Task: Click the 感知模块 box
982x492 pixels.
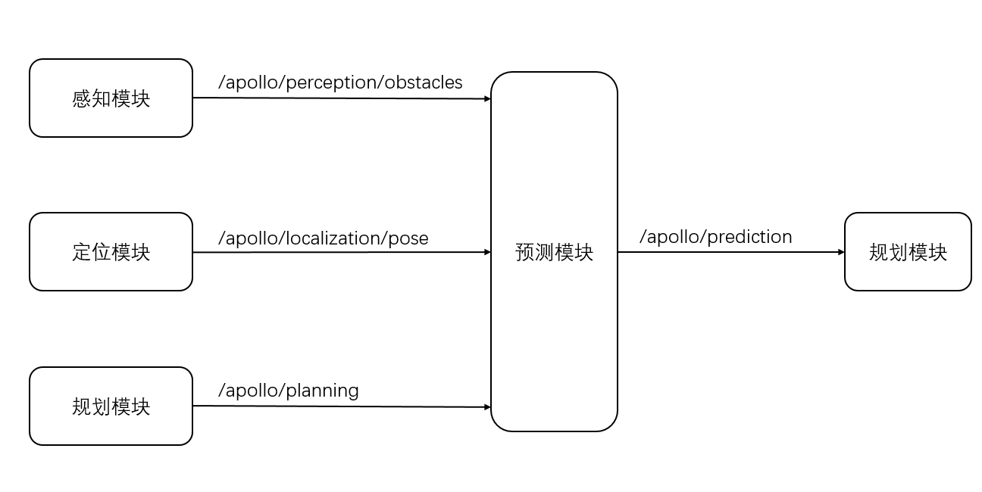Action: [111, 98]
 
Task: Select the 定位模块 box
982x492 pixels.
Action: [111, 252]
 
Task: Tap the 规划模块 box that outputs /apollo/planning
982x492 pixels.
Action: [111, 406]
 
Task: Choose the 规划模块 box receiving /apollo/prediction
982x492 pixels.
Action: [908, 252]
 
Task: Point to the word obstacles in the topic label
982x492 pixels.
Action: [424, 83]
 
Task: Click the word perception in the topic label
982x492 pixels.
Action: [333, 83]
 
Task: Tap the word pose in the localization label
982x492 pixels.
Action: [408, 239]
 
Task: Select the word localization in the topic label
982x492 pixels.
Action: [333, 239]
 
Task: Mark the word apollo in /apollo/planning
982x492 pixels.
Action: [252, 391]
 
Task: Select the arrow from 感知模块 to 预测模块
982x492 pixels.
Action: [341, 98]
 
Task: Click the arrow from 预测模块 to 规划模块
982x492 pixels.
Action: [731, 252]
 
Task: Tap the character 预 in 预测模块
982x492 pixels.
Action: [524, 252]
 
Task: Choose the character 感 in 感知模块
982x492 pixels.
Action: [81, 98]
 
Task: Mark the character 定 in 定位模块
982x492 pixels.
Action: [81, 252]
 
